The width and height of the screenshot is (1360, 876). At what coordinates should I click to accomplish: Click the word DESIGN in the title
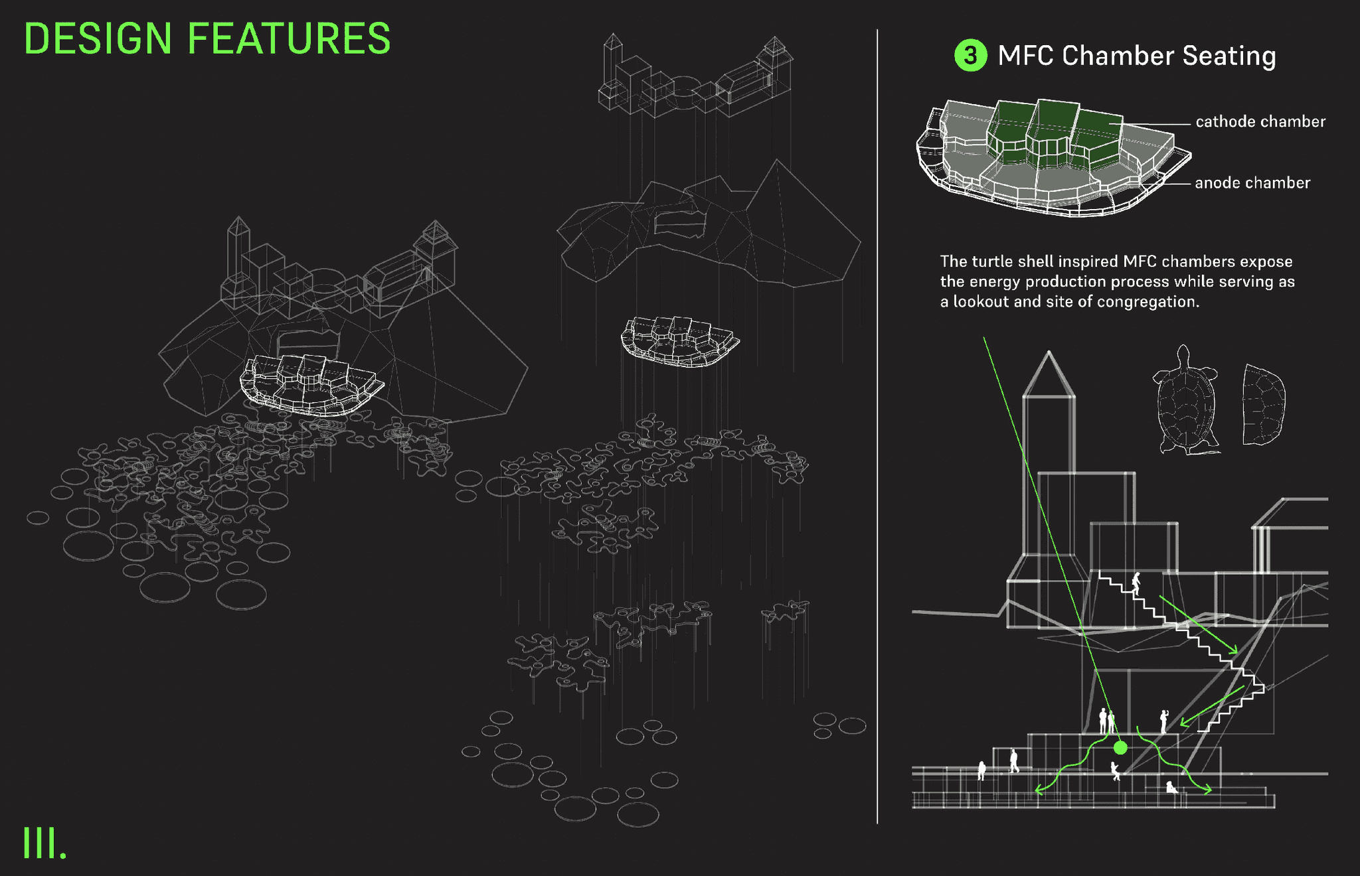click(x=98, y=38)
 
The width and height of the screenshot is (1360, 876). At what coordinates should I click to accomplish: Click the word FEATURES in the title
click(x=289, y=38)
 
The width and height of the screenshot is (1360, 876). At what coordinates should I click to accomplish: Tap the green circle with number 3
click(x=970, y=55)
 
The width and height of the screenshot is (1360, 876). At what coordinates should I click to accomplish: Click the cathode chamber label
click(x=1260, y=121)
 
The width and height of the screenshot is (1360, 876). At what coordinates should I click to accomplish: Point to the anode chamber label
click(x=1252, y=183)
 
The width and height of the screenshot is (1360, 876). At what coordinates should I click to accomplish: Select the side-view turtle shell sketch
click(x=1263, y=405)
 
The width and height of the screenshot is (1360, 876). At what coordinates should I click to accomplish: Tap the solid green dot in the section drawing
click(x=1120, y=748)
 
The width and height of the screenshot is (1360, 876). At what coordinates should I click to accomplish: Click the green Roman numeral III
click(x=44, y=843)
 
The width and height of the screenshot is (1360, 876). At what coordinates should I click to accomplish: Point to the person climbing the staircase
click(x=1136, y=583)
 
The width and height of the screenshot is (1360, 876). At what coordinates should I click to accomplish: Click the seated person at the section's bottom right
click(x=1171, y=787)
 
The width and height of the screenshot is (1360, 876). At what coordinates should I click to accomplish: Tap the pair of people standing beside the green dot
click(x=1106, y=721)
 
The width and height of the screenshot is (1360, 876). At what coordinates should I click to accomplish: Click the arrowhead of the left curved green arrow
click(x=1039, y=790)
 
